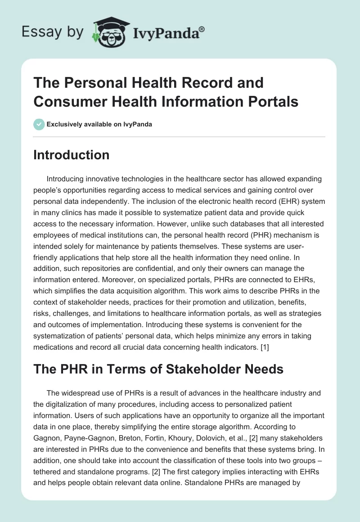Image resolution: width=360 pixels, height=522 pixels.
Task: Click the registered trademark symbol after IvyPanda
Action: tap(202, 29)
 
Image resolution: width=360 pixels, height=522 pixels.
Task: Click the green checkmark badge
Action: tap(39, 124)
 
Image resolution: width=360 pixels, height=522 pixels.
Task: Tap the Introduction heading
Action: tap(72, 155)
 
